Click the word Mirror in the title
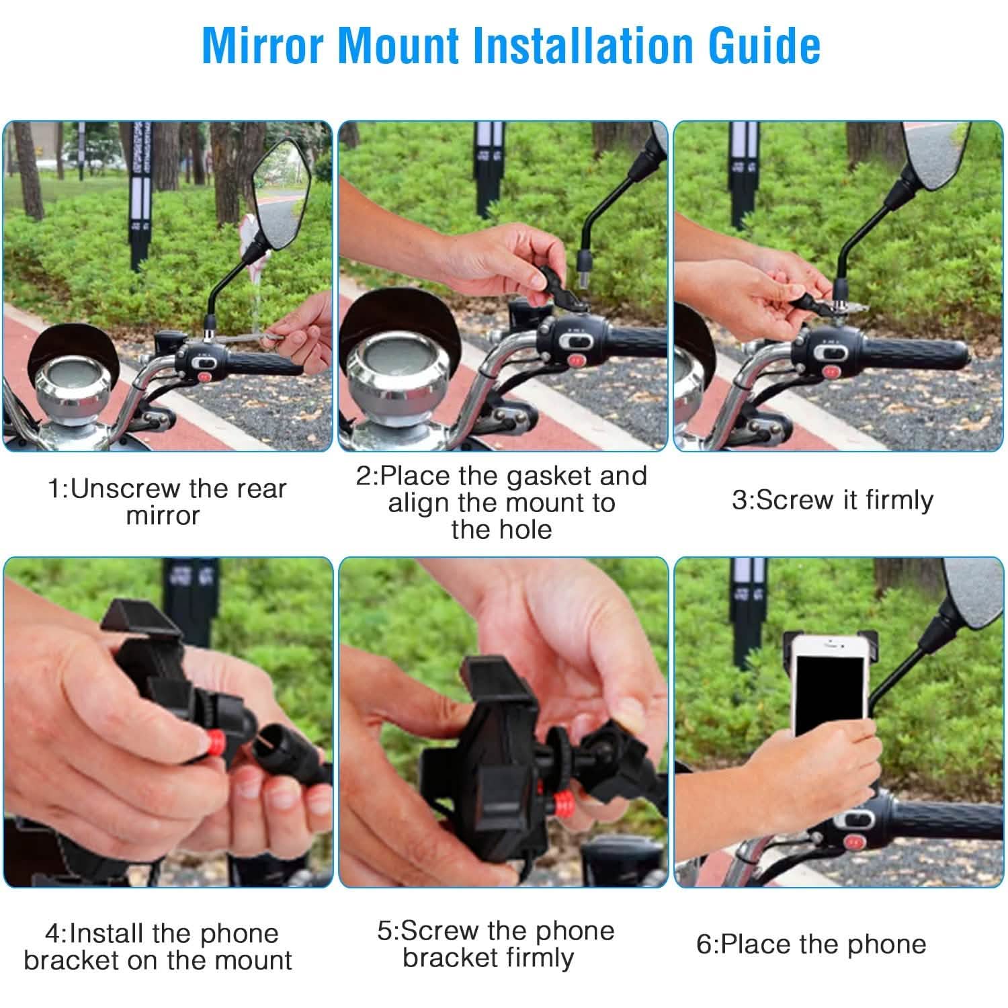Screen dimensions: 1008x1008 (x=263, y=46)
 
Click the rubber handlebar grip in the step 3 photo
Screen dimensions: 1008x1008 (x=921, y=353)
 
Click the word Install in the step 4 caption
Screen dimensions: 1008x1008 (x=109, y=934)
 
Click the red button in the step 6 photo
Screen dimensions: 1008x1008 (x=854, y=841)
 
